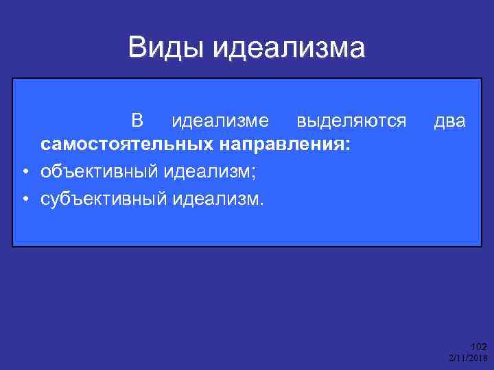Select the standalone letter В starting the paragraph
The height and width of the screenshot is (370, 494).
[x=137, y=122]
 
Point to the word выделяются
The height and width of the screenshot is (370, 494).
[x=351, y=122]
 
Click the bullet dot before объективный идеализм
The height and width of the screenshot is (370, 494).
[x=24, y=171]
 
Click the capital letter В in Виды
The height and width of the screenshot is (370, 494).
[x=136, y=48]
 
